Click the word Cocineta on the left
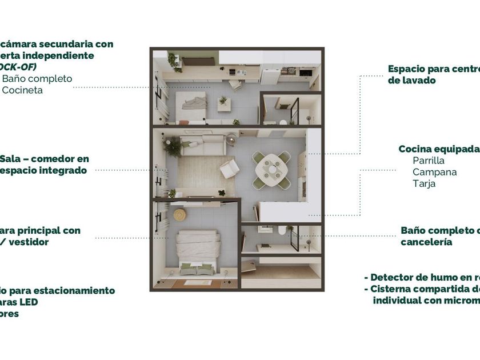point(23,90)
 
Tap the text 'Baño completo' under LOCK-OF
point(37,78)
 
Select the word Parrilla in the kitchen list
point(429,161)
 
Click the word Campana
point(434,172)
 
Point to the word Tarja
point(424,183)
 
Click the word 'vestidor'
point(30,242)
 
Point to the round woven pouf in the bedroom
point(180,214)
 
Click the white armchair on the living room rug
point(230,169)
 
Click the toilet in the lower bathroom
point(281,230)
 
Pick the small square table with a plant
point(223,103)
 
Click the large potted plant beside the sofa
point(171,147)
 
